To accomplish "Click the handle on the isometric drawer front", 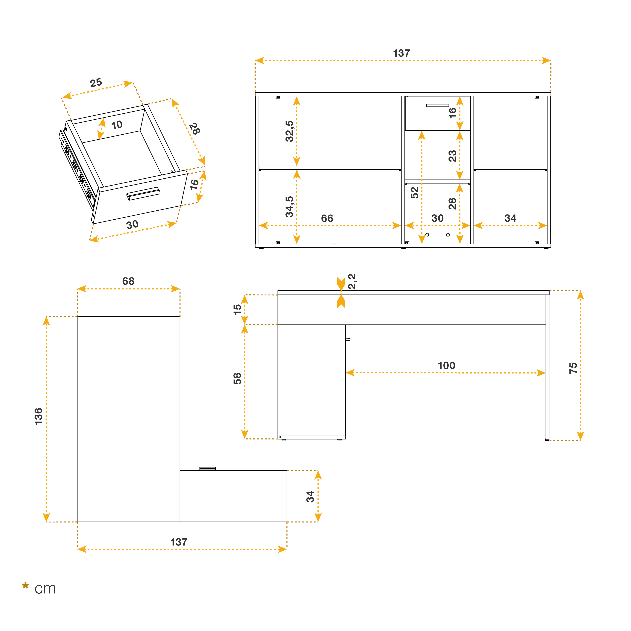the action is coord(143,193).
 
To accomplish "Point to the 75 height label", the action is coord(573,368).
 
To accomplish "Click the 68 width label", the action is coord(128,281).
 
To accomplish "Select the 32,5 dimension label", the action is coord(289,131).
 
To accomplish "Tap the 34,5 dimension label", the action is coord(289,207).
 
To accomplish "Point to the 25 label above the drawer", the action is coord(96,83).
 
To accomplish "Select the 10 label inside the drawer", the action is coord(117,124).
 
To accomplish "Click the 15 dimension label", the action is coord(237,309).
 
